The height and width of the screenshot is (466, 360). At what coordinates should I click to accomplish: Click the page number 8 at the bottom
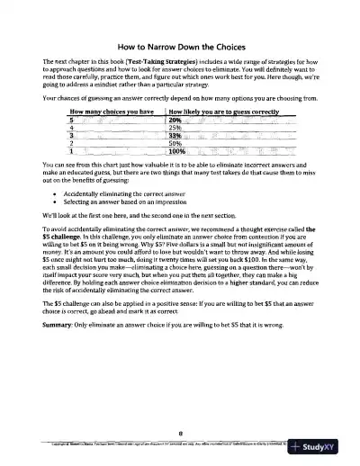pos(180,433)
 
